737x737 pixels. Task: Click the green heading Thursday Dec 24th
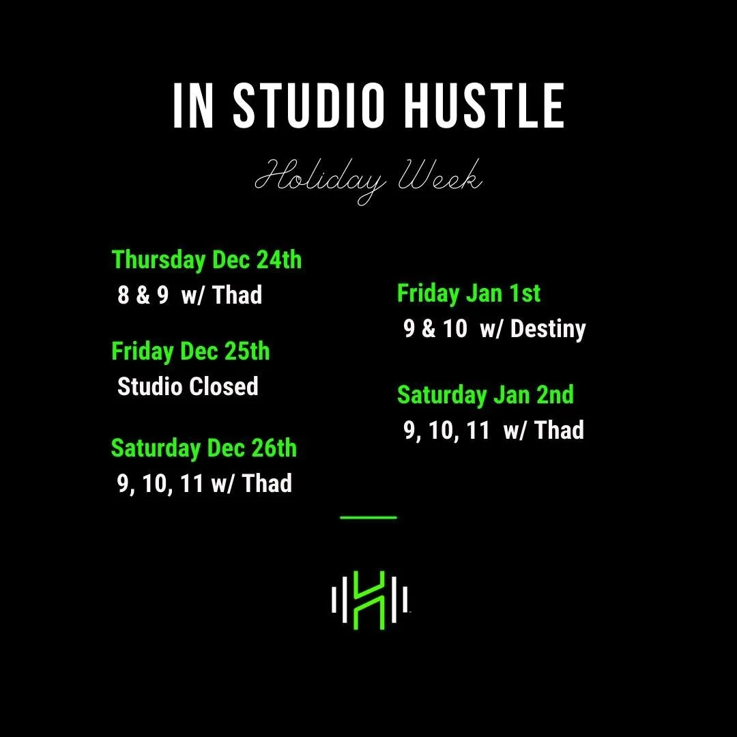(x=207, y=260)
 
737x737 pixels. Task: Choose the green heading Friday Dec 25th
(x=190, y=351)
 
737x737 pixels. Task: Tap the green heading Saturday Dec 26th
(x=204, y=448)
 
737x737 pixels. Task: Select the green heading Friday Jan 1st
(x=469, y=293)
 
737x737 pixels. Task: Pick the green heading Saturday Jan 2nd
(x=485, y=395)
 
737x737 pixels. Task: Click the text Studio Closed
(x=188, y=387)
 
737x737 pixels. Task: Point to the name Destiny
(x=548, y=329)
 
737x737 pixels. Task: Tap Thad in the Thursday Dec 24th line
(x=237, y=295)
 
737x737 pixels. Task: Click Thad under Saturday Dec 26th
(x=267, y=484)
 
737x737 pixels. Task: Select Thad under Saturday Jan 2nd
(x=559, y=431)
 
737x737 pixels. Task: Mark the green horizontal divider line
(x=368, y=517)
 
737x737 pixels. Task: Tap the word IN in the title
(x=194, y=107)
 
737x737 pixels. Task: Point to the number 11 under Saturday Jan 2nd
(x=477, y=431)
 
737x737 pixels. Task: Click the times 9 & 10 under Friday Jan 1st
(x=435, y=329)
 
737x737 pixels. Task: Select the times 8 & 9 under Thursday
(x=143, y=295)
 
